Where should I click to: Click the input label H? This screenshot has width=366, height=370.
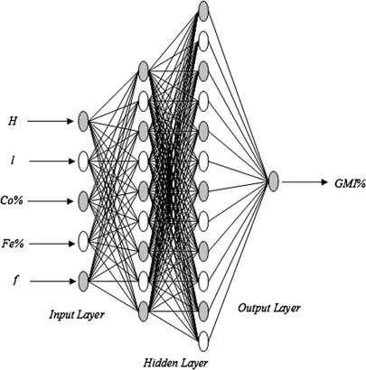tap(12, 120)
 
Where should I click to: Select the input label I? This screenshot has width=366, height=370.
tap(12, 160)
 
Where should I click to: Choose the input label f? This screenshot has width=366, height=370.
tap(12, 279)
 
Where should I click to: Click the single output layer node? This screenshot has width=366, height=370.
tap(273, 181)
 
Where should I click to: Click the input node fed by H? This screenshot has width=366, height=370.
tap(83, 120)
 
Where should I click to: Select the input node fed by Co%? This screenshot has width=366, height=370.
tap(83, 199)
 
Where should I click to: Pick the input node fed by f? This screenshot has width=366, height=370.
tap(83, 279)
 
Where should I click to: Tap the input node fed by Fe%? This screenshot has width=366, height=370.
tap(83, 239)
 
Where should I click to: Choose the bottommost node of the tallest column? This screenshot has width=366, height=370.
tap(204, 340)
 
